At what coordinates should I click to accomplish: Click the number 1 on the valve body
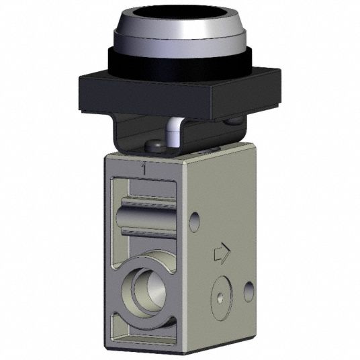(x=143, y=170)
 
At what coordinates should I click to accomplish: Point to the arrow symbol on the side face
(x=220, y=254)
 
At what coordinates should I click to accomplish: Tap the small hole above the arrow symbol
(x=195, y=219)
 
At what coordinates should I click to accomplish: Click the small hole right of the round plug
(x=249, y=289)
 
